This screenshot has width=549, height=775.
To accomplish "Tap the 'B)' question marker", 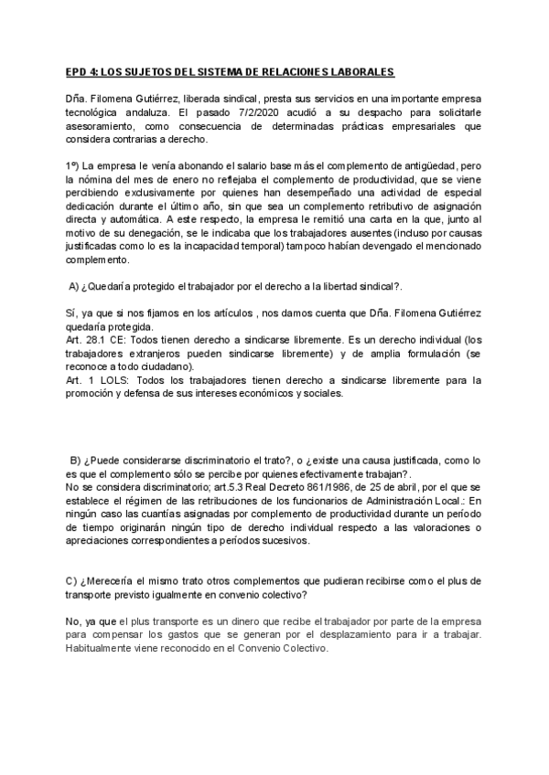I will (75, 459).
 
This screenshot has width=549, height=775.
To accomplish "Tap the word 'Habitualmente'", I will (107, 648).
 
